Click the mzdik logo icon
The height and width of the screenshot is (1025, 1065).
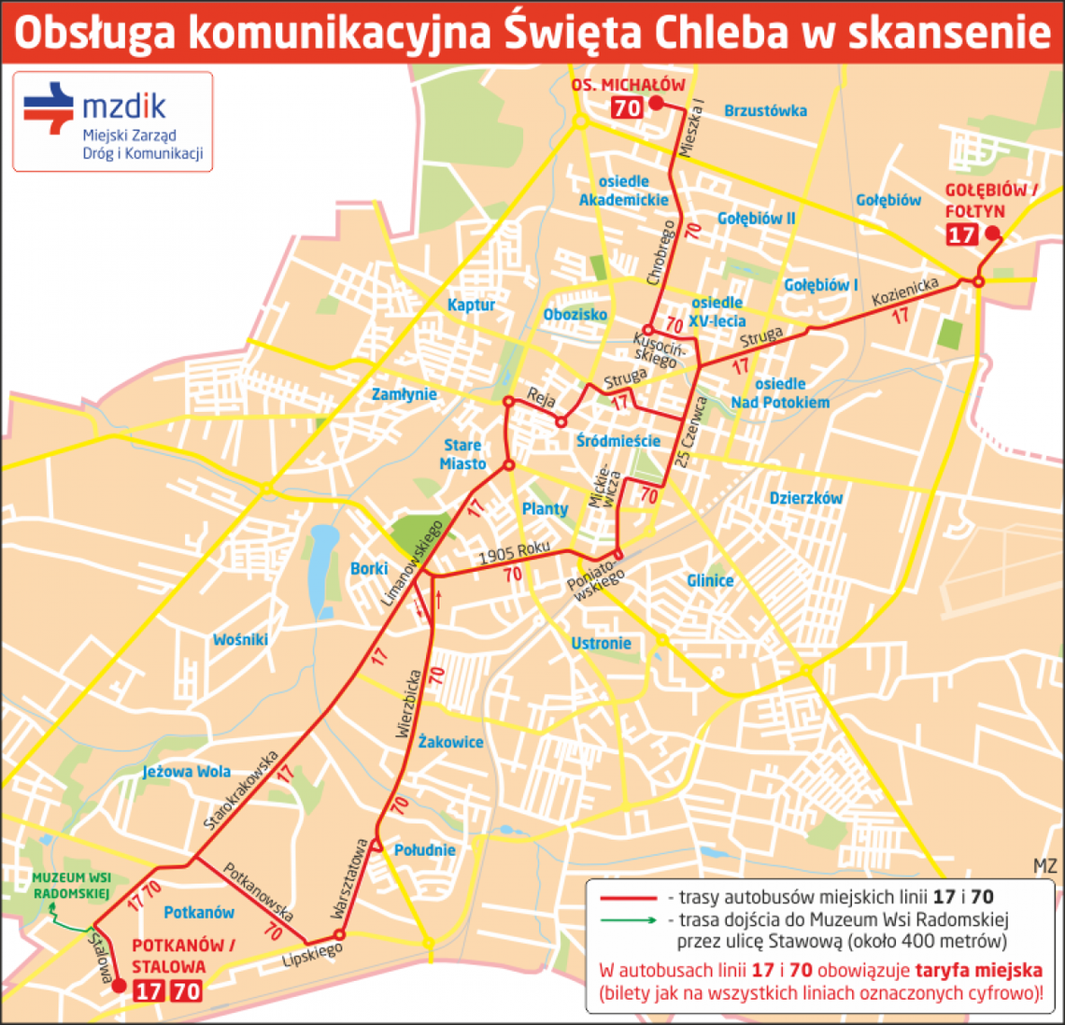click(x=49, y=108)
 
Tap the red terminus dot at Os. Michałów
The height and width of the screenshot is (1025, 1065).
click(x=656, y=104)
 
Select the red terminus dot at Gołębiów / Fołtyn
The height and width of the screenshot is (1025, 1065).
click(x=992, y=234)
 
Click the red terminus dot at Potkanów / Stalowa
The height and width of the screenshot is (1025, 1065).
click(x=119, y=985)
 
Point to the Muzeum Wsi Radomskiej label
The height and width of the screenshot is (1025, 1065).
click(x=71, y=886)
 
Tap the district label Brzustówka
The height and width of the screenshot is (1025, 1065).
click(x=765, y=110)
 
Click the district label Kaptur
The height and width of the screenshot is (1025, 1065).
click(x=471, y=305)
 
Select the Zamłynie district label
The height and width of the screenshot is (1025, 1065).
click(x=404, y=394)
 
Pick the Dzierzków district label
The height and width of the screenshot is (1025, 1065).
click(x=805, y=498)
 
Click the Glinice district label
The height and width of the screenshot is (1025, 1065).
click(x=710, y=580)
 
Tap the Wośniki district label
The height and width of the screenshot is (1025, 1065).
click(x=240, y=639)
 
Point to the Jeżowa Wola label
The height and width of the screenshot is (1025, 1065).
click(x=186, y=772)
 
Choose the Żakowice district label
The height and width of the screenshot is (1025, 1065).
click(x=450, y=742)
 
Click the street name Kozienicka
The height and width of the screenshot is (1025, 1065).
click(x=904, y=292)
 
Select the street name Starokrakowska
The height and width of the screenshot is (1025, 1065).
click(x=241, y=790)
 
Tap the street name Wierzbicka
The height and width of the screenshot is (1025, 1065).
click(x=408, y=703)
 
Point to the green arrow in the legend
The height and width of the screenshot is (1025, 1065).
click(x=628, y=919)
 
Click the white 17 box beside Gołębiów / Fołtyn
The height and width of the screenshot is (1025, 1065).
click(x=961, y=235)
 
